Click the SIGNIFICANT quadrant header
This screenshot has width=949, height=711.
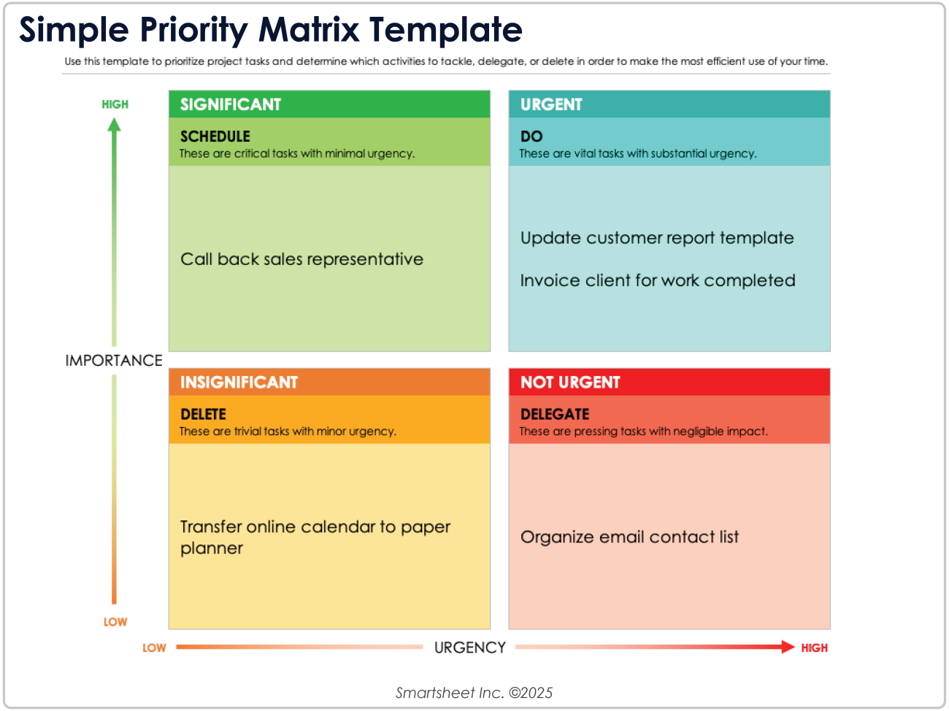(231, 104)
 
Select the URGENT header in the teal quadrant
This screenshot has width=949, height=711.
(551, 104)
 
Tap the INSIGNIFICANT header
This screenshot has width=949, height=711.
(239, 383)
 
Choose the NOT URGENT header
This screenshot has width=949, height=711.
(570, 383)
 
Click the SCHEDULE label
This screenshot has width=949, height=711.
(215, 137)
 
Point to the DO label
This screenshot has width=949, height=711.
(531, 137)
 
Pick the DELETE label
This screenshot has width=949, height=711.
(203, 415)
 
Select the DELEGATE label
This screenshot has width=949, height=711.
(555, 415)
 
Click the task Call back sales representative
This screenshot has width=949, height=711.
(301, 259)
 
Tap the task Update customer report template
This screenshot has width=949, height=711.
(657, 238)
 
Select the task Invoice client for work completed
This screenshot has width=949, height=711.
(658, 280)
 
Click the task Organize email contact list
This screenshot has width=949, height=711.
(629, 537)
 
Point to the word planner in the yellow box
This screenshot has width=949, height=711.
(212, 549)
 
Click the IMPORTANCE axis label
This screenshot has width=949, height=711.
(114, 361)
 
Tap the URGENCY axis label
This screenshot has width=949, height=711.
(469, 647)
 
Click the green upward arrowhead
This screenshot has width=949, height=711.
(114, 125)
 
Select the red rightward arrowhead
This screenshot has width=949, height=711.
(788, 647)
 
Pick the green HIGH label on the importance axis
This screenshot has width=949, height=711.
(115, 104)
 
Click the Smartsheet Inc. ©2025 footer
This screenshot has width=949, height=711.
(474, 693)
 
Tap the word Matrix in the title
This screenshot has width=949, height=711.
(309, 31)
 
